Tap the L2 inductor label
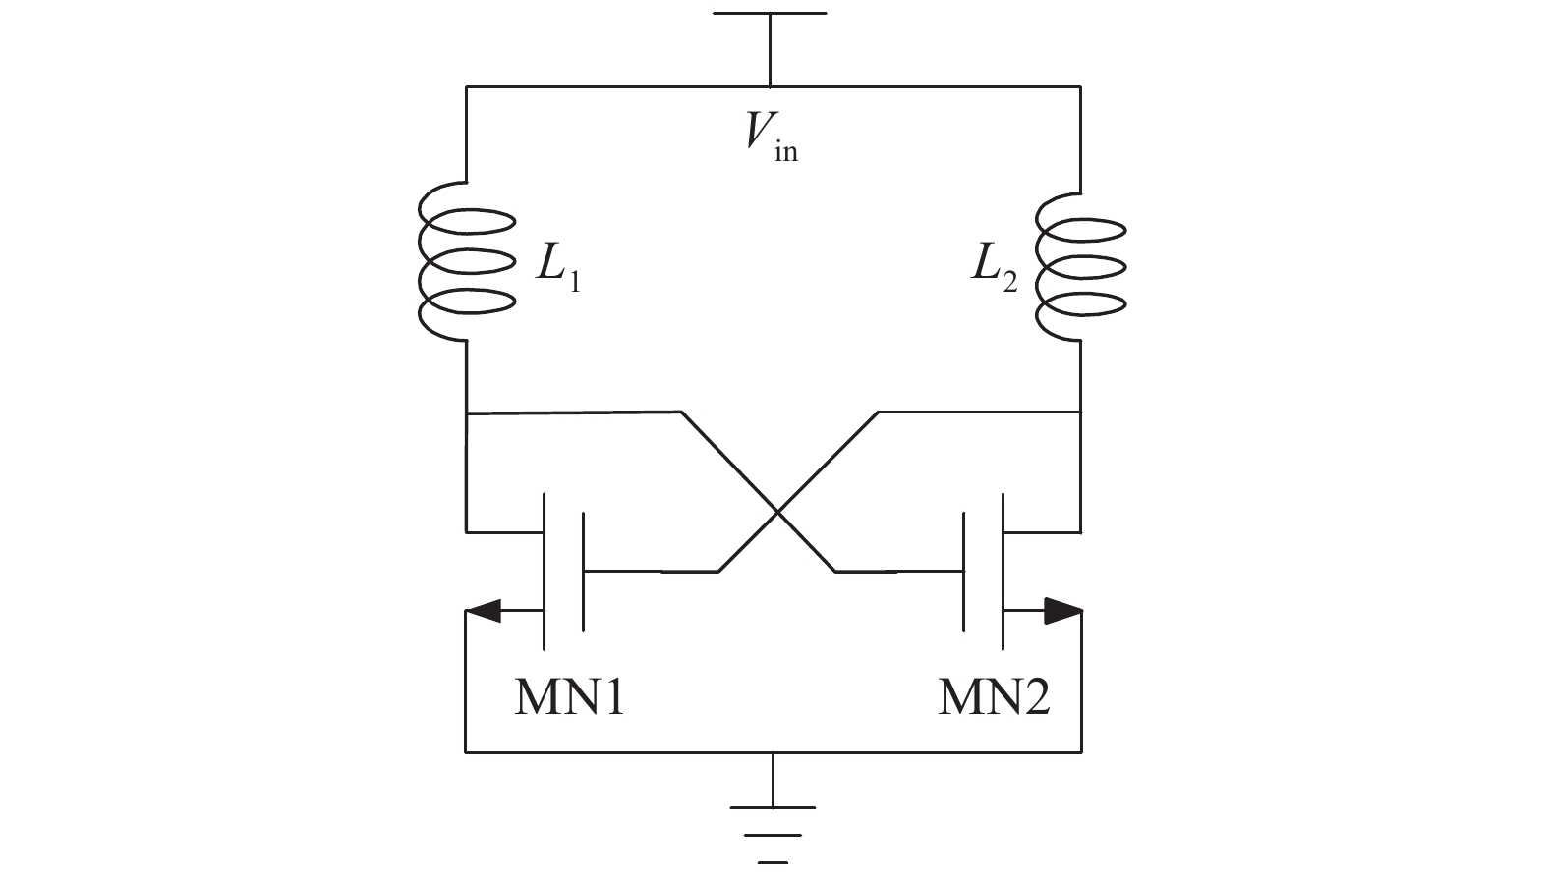(994, 267)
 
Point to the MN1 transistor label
(569, 698)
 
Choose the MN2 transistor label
(994, 698)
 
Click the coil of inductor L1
(466, 262)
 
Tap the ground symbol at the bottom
(773, 821)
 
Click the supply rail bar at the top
(770, 14)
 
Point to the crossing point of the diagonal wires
(777, 512)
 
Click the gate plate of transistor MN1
(584, 570)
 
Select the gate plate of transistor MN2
(964, 570)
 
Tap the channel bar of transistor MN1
(544, 570)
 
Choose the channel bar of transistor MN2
(1003, 570)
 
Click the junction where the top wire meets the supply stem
(770, 86)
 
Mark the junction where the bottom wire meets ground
(773, 752)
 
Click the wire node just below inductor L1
(466, 413)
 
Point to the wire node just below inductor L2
(1080, 413)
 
